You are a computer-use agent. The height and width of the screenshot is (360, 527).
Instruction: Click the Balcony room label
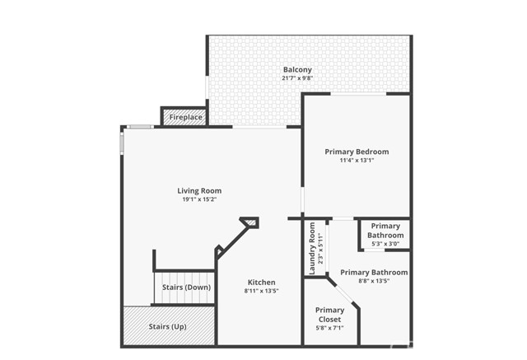click(297, 69)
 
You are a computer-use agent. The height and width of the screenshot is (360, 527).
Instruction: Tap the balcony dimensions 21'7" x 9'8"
click(297, 78)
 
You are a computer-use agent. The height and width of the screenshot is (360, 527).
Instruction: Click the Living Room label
click(199, 190)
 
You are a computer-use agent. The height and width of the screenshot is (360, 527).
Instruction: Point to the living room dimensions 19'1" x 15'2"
click(199, 199)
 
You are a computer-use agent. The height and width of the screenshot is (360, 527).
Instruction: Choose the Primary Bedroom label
click(357, 152)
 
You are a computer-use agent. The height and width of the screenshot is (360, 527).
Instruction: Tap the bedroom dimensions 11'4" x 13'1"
click(357, 161)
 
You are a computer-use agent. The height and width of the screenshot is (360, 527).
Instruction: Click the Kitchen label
click(261, 282)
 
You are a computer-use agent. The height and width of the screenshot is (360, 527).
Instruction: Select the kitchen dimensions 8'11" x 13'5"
click(261, 291)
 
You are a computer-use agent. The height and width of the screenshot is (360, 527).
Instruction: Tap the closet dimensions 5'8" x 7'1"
click(330, 328)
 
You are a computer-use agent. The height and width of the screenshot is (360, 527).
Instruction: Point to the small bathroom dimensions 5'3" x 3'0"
click(385, 244)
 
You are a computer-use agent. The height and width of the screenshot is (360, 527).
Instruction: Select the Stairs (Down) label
click(186, 287)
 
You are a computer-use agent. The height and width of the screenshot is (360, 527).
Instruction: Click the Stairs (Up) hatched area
click(169, 326)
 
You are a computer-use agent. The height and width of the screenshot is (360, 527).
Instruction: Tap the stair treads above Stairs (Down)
click(185, 276)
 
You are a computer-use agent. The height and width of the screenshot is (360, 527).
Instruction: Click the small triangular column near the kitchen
click(250, 222)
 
